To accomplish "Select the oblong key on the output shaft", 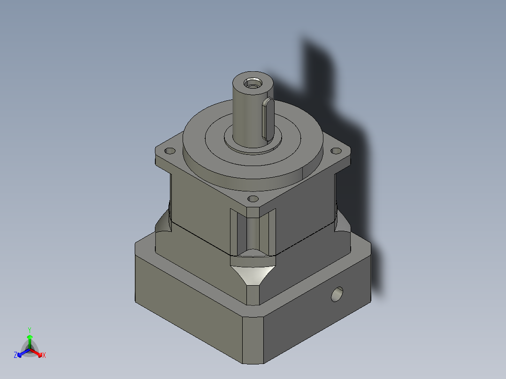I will [x=267, y=119].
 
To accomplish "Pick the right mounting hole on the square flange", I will [x=336, y=151].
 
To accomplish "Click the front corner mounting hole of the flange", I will [x=252, y=199].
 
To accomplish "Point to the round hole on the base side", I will [x=337, y=295].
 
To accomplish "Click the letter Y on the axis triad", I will [x=29, y=329].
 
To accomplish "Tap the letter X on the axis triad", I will [x=44, y=356].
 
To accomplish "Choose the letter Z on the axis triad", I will [x=15, y=355].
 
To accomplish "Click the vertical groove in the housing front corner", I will [x=253, y=232].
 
